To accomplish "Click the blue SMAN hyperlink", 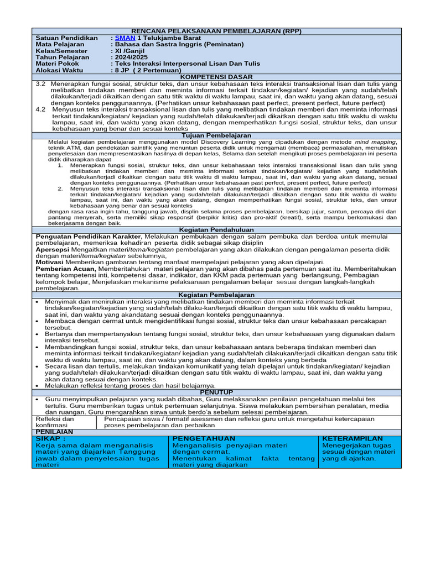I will [x=125, y=38].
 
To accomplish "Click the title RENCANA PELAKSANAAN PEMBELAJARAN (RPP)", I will [x=216, y=32].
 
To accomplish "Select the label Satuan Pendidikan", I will [x=66, y=38].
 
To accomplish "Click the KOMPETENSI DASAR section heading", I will [x=216, y=77].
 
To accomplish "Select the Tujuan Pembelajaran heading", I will [x=216, y=135].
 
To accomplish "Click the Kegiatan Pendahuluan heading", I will [x=216, y=229].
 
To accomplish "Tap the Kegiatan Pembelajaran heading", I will [x=216, y=295].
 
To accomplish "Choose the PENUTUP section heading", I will [x=216, y=391].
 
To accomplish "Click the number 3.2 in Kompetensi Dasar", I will [x=40, y=83].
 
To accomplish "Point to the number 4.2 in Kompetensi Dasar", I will [x=40, y=109].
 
